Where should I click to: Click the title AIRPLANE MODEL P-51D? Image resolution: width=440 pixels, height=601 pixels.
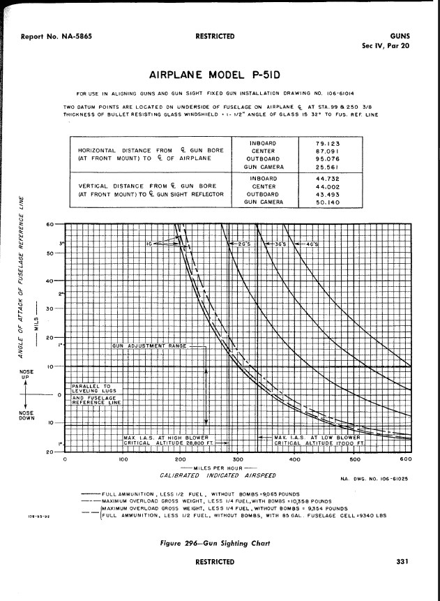click(x=220, y=75)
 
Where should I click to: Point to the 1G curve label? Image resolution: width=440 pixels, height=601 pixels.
click(x=150, y=244)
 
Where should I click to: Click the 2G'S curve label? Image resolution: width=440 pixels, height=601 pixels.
click(x=243, y=244)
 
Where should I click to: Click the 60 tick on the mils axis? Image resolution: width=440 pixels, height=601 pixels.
click(x=50, y=224)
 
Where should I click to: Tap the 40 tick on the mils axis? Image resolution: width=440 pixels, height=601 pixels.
click(x=50, y=281)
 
